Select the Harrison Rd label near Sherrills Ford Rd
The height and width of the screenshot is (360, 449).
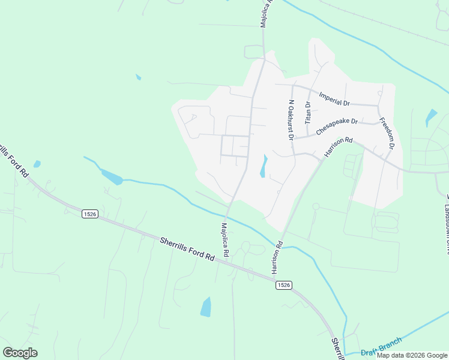pyautogui.click(x=278, y=258)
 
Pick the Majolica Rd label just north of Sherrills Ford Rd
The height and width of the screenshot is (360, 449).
pyautogui.click(x=225, y=241)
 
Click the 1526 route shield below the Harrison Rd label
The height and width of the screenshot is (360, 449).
pyautogui.click(x=285, y=286)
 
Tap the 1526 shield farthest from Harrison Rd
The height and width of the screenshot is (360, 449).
pyautogui.click(x=89, y=214)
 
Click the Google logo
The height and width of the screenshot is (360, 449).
pyautogui.click(x=20, y=352)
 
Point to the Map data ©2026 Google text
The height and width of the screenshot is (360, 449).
pyautogui.click(x=412, y=355)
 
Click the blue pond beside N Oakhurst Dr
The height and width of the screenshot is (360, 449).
pyautogui.click(x=264, y=166)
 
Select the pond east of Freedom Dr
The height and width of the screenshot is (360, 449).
pyautogui.click(x=431, y=117)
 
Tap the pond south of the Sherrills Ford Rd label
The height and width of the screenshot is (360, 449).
pyautogui.click(x=206, y=307)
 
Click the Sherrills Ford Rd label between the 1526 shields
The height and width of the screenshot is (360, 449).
pyautogui.click(x=187, y=248)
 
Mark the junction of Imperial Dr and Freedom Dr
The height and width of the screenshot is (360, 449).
pyautogui.click(x=378, y=106)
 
